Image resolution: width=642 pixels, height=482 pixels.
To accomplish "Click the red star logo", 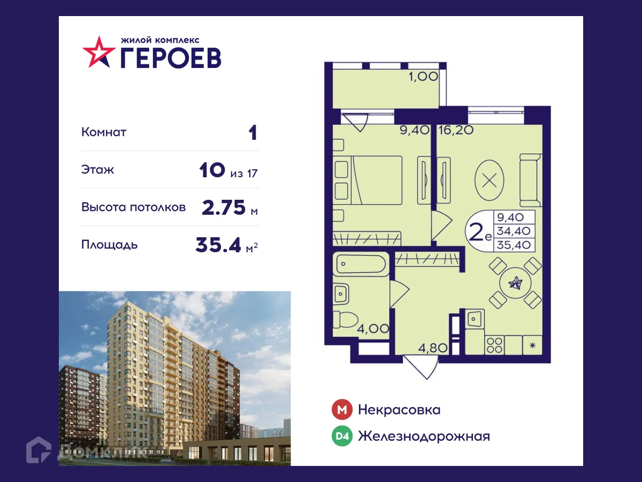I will [x=98, y=52].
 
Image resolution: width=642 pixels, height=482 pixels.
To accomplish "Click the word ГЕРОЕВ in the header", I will [x=170, y=57].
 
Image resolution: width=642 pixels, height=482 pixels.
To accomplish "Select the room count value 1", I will [x=253, y=133].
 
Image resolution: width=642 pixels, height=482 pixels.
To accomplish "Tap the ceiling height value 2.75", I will [x=224, y=207].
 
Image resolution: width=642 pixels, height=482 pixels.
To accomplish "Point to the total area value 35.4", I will [x=219, y=245].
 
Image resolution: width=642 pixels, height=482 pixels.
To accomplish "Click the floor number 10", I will [x=211, y=170].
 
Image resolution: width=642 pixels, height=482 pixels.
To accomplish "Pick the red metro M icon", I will [x=342, y=410].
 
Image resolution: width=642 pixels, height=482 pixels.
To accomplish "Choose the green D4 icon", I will [x=342, y=436].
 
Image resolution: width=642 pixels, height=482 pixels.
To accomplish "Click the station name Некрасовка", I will [x=399, y=410].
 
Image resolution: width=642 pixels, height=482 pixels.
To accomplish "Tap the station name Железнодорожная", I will [x=424, y=436].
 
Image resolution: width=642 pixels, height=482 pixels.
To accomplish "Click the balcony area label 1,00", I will [x=423, y=77].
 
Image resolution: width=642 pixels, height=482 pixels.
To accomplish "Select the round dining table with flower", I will [x=516, y=283].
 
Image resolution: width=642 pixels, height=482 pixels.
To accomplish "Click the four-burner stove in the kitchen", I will [x=494, y=344].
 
